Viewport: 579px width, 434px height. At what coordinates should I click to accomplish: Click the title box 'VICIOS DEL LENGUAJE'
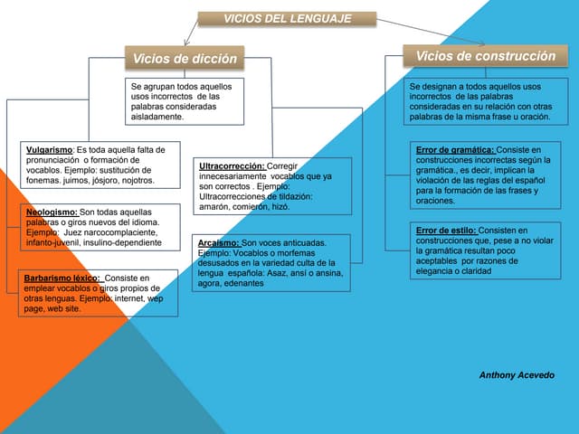(287, 18)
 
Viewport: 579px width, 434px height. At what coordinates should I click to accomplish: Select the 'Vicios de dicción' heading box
(185, 59)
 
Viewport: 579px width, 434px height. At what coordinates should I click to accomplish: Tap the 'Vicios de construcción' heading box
(485, 56)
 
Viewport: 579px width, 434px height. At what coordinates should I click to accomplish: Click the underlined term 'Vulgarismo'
(49, 149)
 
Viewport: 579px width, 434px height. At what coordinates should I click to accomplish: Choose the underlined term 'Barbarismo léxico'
(62, 278)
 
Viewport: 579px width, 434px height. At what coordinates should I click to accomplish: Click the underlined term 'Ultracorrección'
(232, 166)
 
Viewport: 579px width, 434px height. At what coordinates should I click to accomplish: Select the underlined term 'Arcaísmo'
(218, 243)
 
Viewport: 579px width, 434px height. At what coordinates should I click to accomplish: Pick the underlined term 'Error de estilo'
(446, 231)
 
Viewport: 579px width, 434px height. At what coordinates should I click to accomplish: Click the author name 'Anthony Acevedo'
(517, 374)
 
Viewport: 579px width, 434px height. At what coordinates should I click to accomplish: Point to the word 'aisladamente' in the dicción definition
(157, 117)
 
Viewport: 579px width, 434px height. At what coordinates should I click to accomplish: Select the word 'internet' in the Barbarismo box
(128, 298)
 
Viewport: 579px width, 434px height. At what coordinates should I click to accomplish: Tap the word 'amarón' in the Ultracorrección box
(214, 207)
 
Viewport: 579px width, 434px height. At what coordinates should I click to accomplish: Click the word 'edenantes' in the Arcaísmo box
(244, 283)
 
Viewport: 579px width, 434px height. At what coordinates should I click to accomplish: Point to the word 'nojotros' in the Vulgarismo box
(134, 180)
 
